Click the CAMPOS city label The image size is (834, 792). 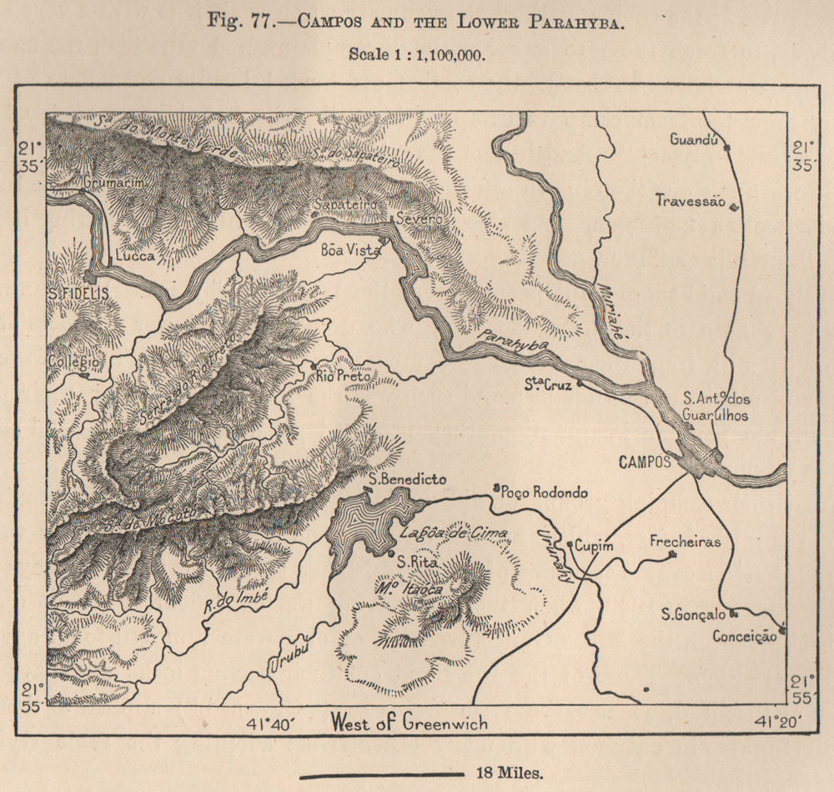(x=645, y=462)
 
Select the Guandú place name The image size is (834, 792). (x=694, y=139)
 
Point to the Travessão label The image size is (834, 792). (x=690, y=200)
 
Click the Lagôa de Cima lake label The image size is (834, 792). (x=442, y=532)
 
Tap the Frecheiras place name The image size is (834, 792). (x=685, y=542)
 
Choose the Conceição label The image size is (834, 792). (x=744, y=636)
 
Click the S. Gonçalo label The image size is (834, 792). (x=693, y=615)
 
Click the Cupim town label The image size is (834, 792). (x=594, y=545)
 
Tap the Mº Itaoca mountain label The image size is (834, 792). (x=408, y=588)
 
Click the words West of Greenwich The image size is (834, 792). (x=409, y=722)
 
